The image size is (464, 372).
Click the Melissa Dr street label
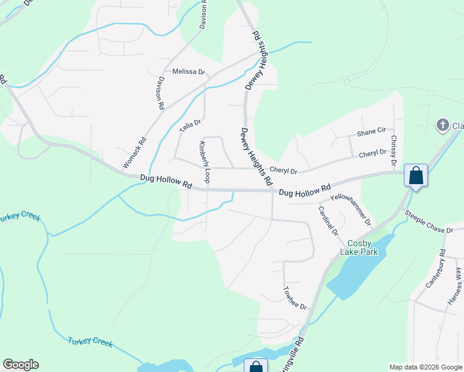tap(189, 72)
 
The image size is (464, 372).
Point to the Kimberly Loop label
tap(203, 162)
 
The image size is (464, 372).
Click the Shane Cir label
tap(371, 131)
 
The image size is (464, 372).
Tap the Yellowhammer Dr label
tap(351, 209)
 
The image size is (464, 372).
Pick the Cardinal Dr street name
tap(328, 220)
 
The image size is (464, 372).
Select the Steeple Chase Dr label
tap(429, 222)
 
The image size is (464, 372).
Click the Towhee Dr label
tap(295, 298)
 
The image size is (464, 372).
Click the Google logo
tap(20, 365)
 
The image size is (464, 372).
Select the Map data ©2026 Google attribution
tap(426, 367)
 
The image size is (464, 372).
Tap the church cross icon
tap(442, 126)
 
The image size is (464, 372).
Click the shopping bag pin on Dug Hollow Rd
tap(415, 175)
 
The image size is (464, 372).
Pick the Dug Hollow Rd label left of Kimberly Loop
tap(166, 181)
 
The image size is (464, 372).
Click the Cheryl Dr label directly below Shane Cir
tap(372, 153)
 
